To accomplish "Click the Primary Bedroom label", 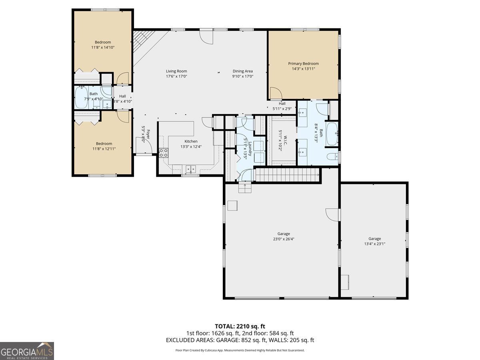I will tap(303, 64).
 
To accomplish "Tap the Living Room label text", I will tap(176, 71).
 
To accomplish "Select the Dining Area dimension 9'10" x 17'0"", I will tap(243, 76).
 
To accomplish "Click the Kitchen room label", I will tap(191, 141).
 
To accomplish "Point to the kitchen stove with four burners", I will tap(164, 152).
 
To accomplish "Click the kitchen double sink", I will tap(190, 169).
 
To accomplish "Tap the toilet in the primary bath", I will tap(332, 157).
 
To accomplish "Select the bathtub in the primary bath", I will tap(332, 135).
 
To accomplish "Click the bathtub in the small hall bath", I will tap(82, 98).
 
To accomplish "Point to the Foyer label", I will tap(148, 134).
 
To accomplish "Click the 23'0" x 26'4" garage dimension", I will tap(284, 239).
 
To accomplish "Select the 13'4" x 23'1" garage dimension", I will tap(374, 244).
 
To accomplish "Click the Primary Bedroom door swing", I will tap(275, 94).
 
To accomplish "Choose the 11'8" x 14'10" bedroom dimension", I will tap(103, 47).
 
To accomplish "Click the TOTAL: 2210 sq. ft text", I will tap(240, 326).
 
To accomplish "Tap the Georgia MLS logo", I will tap(27, 351).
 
